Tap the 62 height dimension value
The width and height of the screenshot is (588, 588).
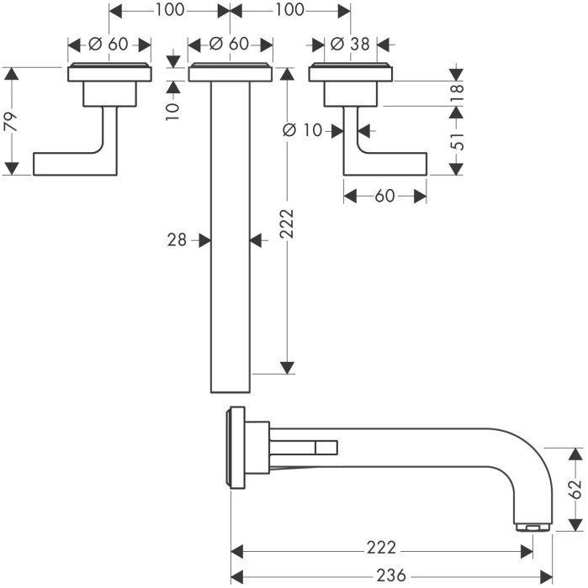point(575,489)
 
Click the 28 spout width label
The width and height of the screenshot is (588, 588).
point(176,240)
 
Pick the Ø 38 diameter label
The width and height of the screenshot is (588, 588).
point(349,45)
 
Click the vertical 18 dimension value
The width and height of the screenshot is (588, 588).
point(456,92)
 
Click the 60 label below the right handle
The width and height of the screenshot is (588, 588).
point(384,196)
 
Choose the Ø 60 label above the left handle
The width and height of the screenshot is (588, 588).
point(109,45)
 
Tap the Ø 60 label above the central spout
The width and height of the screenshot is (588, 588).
point(230,45)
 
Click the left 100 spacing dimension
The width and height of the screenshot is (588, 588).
point(169,11)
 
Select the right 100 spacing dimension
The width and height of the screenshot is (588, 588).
point(289,11)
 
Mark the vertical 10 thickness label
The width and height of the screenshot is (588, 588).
point(173,109)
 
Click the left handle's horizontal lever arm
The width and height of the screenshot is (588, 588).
point(72,163)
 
